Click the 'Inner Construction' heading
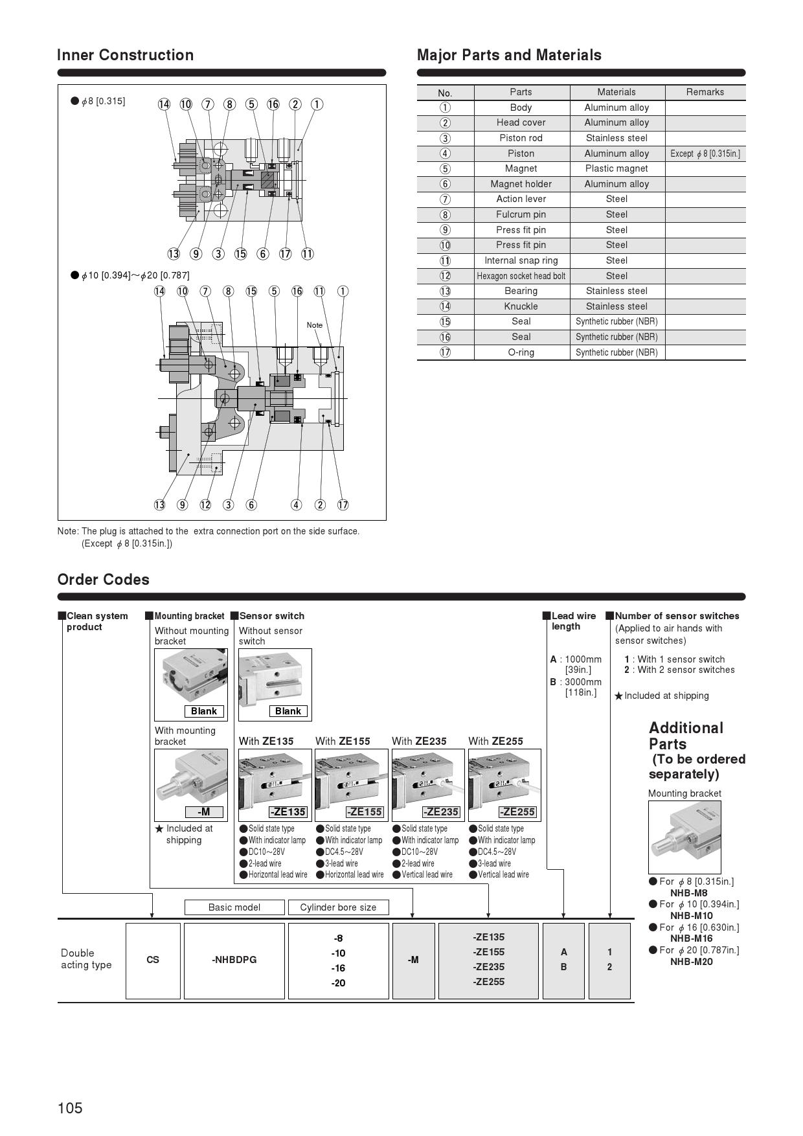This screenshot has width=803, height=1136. pyautogui.click(x=125, y=55)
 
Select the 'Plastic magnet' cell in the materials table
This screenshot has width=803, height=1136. pyautogui.click(x=616, y=168)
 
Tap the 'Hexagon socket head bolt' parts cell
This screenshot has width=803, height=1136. pyautogui.click(x=521, y=276)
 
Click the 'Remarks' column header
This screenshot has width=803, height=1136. pyautogui.click(x=705, y=92)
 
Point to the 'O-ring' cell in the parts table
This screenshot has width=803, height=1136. pyautogui.click(x=521, y=352)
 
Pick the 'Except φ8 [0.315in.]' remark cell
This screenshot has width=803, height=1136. pyautogui.click(x=705, y=153)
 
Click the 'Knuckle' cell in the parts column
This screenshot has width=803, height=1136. pyautogui.click(x=521, y=306)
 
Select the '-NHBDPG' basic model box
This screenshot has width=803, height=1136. pyautogui.click(x=234, y=960)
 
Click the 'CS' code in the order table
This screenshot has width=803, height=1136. pyautogui.click(x=153, y=960)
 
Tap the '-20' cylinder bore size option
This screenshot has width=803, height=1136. pyautogui.click(x=338, y=983)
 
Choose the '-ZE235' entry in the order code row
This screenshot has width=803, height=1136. pyautogui.click(x=488, y=967)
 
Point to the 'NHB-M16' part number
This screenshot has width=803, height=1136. pyautogui.click(x=691, y=938)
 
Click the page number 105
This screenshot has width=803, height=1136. pyautogui.click(x=70, y=1108)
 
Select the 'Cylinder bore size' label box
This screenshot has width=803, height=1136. pyautogui.click(x=338, y=907)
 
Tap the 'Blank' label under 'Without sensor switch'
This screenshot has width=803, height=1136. pyautogui.click(x=288, y=711)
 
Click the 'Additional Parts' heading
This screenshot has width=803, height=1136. pyautogui.click(x=686, y=736)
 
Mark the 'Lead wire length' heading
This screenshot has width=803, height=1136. pyautogui.click(x=573, y=621)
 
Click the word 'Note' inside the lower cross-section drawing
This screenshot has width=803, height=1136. pyautogui.click(x=314, y=325)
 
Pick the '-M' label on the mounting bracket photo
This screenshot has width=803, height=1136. pyautogui.click(x=203, y=812)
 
